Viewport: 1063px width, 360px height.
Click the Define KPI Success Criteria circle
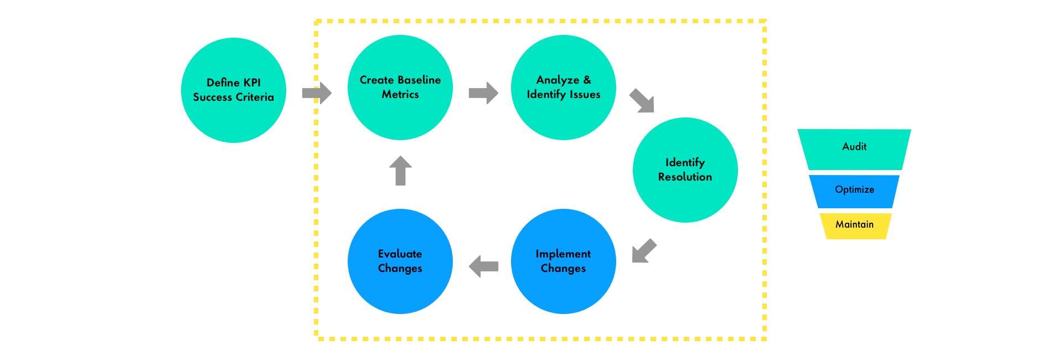(x=234, y=90)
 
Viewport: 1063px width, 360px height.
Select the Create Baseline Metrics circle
(x=400, y=88)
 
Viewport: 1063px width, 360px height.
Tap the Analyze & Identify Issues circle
(x=564, y=88)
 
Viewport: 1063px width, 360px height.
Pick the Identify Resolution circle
(x=685, y=170)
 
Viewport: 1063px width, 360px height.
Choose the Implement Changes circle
(x=564, y=261)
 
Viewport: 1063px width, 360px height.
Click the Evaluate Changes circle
(x=400, y=261)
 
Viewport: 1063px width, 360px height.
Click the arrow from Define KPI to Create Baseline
(x=317, y=93)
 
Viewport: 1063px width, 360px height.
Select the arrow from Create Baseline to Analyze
(x=483, y=93)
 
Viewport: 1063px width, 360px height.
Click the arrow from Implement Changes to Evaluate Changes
(x=483, y=266)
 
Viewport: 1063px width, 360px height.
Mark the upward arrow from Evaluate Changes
(x=400, y=171)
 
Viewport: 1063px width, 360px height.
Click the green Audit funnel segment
(x=854, y=150)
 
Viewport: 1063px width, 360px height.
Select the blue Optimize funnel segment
(x=854, y=192)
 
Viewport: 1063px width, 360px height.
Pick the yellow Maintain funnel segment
(x=855, y=226)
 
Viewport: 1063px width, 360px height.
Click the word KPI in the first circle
(x=252, y=83)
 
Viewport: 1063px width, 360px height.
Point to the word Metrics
(x=400, y=95)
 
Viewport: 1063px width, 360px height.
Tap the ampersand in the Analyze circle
(x=587, y=80)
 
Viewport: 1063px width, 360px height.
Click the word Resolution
(x=685, y=177)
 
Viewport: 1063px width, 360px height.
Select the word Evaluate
(x=400, y=254)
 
